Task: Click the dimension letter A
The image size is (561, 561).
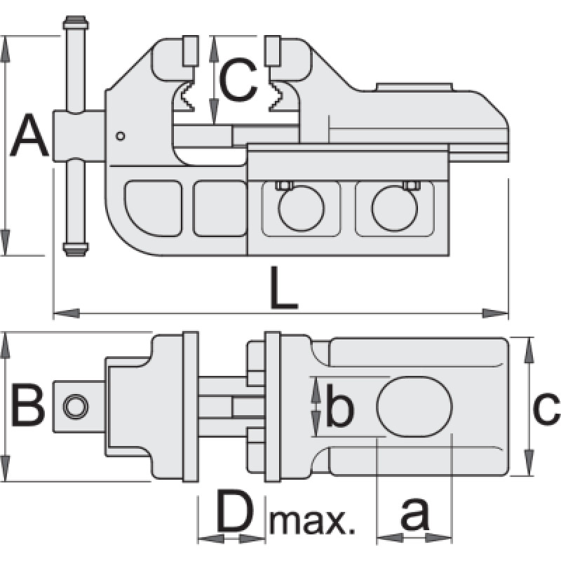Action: click(x=30, y=137)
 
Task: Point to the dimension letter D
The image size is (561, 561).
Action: click(x=234, y=513)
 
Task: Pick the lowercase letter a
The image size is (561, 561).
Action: click(x=414, y=516)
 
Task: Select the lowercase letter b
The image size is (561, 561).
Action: click(x=340, y=410)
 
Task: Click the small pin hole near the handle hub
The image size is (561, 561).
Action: click(x=121, y=135)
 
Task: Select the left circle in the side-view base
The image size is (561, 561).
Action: click(x=302, y=209)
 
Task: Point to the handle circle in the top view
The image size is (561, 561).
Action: click(x=74, y=405)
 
